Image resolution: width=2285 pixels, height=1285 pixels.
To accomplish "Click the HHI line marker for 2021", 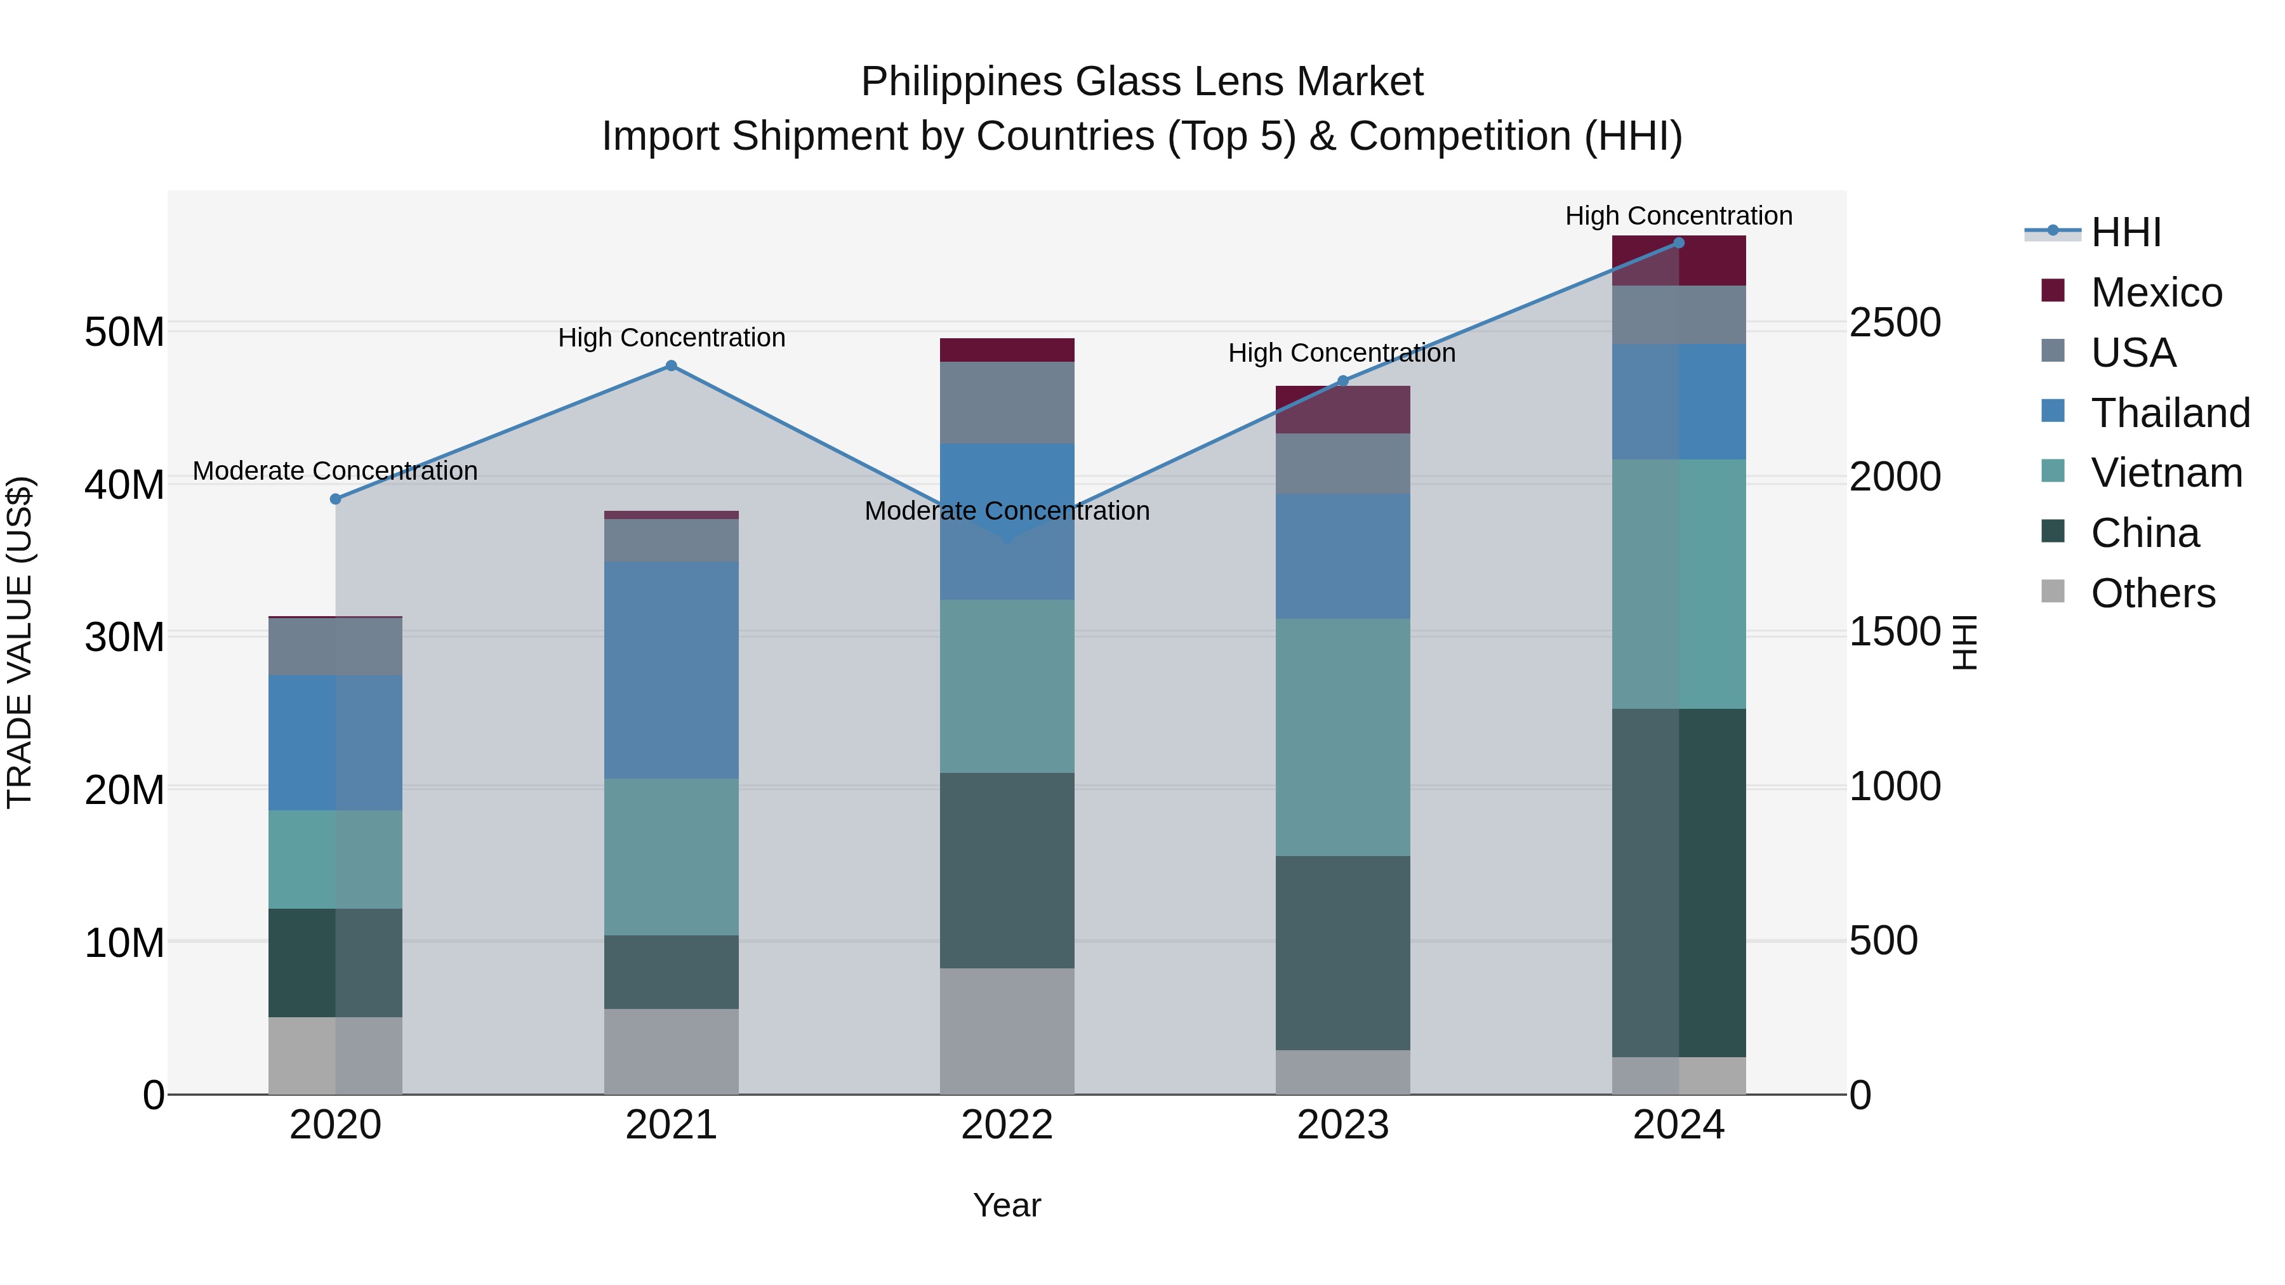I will (672, 366).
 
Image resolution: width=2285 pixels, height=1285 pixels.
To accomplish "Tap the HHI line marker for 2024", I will (1678, 243).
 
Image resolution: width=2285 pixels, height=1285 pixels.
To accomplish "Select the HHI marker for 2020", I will (335, 499).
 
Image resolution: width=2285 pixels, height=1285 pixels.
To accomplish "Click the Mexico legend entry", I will (2156, 293).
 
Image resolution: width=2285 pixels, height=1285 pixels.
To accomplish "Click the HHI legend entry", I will (2125, 232).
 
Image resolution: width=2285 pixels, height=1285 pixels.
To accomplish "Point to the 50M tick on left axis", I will (124, 333).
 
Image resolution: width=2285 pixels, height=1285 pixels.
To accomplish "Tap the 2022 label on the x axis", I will (1007, 1125).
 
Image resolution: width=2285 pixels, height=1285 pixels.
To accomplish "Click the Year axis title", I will (1007, 1205).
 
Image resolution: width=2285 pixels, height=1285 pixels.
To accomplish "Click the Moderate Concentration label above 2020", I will (335, 471).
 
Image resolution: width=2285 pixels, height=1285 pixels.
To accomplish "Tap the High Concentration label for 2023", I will (1341, 353).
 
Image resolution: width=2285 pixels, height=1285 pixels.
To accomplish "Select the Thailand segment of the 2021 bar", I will (672, 669).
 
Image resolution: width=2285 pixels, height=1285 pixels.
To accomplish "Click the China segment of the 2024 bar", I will (1678, 883).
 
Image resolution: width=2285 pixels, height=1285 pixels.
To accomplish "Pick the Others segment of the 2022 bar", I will (1007, 1031).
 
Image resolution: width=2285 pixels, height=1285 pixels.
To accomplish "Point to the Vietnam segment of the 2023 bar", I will (1342, 737).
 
